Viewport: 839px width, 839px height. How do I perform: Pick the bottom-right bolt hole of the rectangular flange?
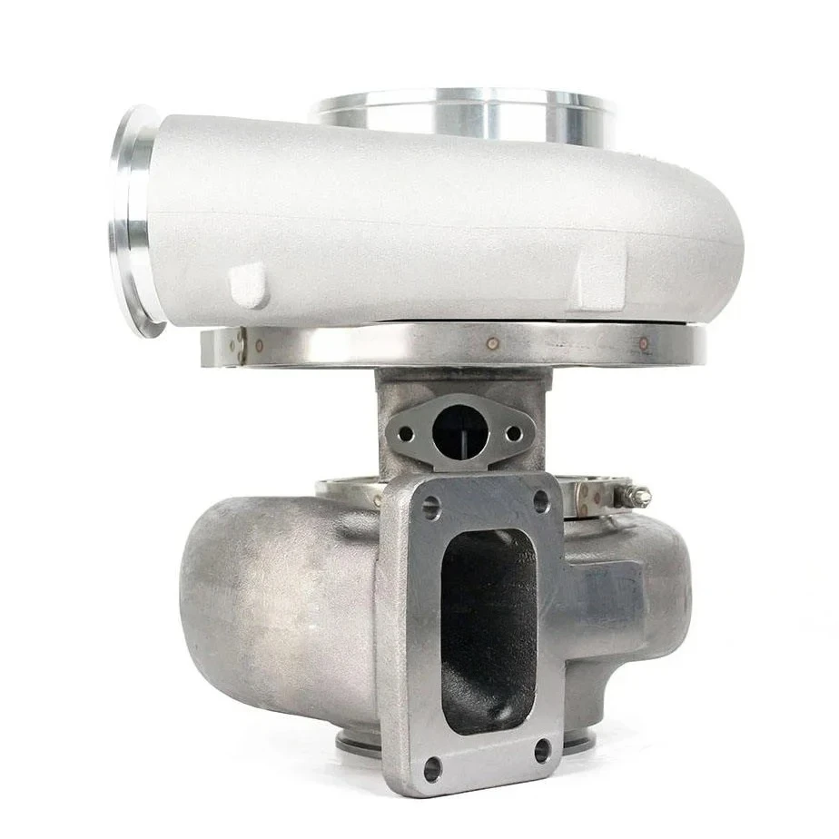tap(543, 750)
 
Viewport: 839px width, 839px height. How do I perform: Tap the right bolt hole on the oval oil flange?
tap(513, 433)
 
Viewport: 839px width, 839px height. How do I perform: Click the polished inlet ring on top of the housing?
tap(463, 114)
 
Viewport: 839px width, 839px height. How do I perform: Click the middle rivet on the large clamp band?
tap(492, 345)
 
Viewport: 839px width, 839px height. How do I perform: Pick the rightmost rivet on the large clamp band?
tap(644, 344)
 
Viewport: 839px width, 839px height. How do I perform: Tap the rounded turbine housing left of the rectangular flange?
tap(272, 599)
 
